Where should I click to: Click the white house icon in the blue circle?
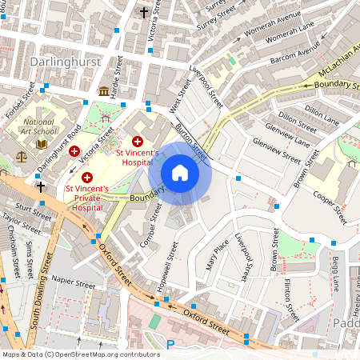tap(180, 172)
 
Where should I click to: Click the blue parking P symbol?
tap(170, 344)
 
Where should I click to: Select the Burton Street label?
tap(192, 142)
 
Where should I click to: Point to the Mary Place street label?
tap(212, 254)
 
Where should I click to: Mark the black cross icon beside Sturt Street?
tap(41, 186)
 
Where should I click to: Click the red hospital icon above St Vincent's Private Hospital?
tap(87, 176)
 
